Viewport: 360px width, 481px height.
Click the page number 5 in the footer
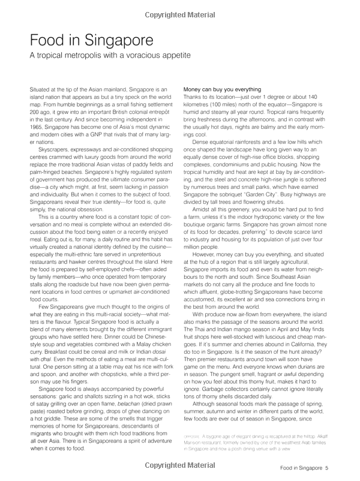(x=343, y=468)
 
